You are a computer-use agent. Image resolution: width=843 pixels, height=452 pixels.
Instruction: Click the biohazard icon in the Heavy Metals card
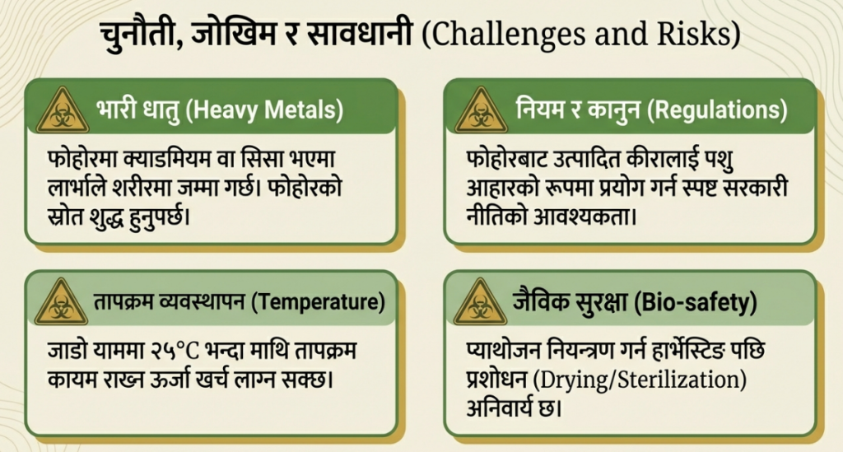click(x=63, y=110)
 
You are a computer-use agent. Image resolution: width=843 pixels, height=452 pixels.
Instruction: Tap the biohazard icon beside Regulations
click(x=481, y=110)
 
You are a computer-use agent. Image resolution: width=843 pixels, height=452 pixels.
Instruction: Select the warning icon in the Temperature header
click(x=61, y=302)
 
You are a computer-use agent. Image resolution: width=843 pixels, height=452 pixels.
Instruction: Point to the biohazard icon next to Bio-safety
click(x=480, y=302)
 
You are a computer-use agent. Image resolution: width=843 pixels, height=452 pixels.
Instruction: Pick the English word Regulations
click(x=717, y=110)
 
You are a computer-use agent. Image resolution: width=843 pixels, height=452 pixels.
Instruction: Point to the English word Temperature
click(x=319, y=302)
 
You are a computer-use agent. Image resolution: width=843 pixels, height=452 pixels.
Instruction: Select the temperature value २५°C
click(x=175, y=351)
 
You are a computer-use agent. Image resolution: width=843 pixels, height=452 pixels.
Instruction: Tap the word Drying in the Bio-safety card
click(x=575, y=380)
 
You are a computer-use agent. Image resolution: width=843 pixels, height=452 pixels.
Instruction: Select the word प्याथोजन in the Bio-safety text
click(x=502, y=351)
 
